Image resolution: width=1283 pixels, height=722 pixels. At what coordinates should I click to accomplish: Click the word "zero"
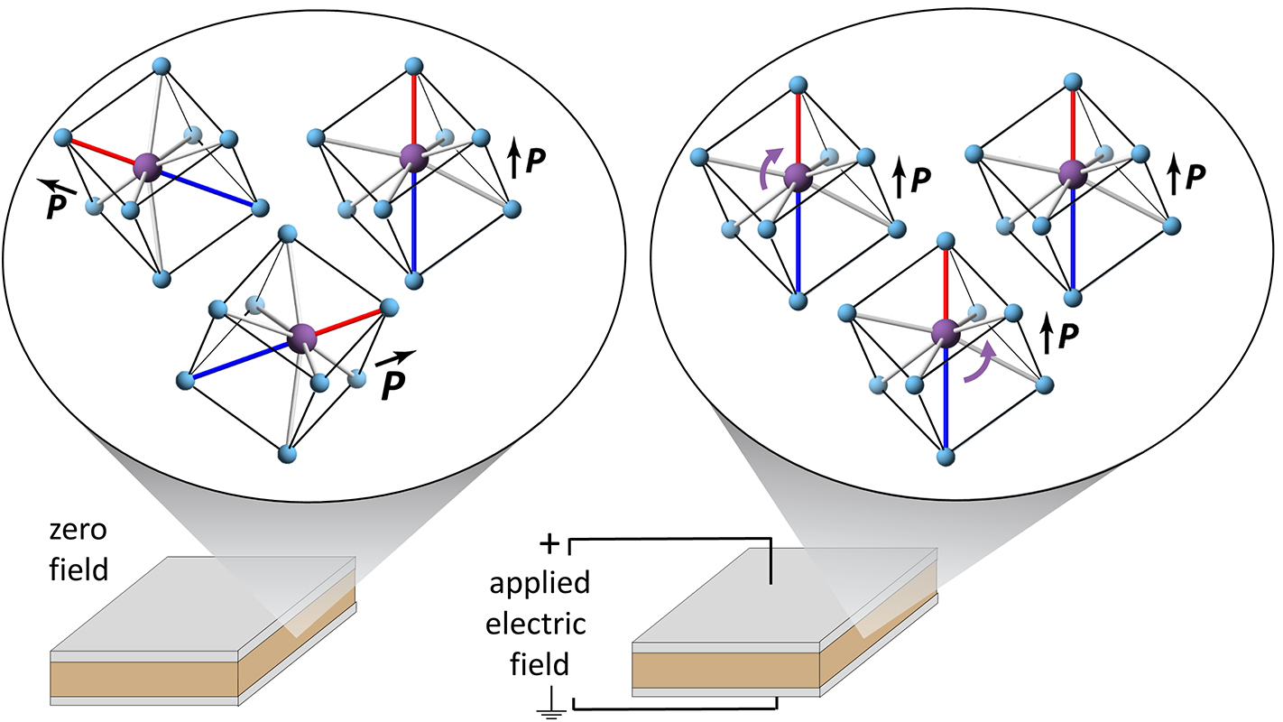78,530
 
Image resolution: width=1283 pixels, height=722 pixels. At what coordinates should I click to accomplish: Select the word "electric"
536,624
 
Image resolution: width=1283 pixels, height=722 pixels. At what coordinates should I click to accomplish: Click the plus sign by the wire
549,544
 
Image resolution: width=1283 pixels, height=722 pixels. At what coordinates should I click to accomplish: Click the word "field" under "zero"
78,569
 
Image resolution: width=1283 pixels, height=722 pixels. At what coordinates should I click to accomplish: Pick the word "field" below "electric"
540,664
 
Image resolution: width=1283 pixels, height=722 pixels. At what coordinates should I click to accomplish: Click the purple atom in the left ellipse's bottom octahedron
302,338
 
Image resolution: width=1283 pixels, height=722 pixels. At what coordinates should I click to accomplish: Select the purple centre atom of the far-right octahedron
1072,173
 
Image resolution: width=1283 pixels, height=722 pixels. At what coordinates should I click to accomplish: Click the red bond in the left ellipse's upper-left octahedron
105,153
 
